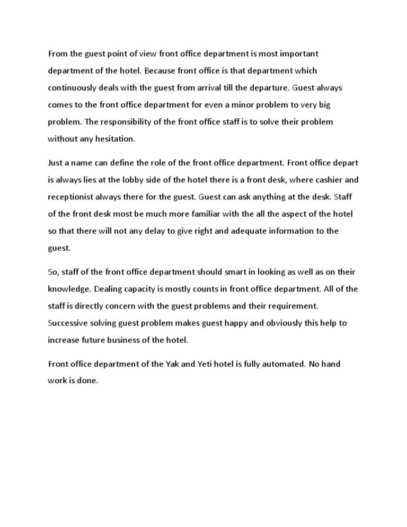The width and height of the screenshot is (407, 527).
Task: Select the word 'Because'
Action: (161, 71)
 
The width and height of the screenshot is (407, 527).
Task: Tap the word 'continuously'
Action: (73, 87)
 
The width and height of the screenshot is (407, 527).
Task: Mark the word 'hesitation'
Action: (114, 139)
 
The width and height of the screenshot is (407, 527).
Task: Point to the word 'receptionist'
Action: (73, 197)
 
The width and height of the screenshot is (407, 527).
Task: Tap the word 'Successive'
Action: (69, 323)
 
